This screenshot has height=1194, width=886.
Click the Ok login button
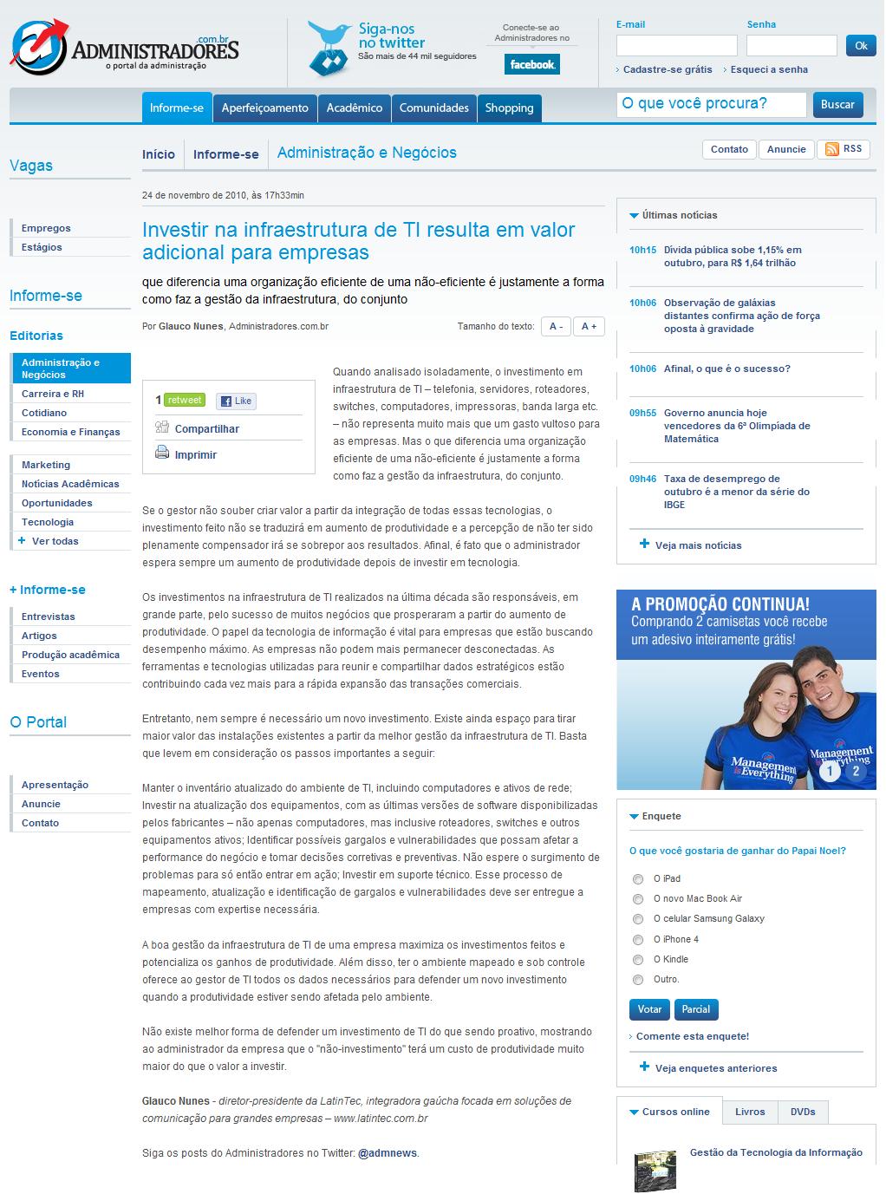pyautogui.click(x=860, y=46)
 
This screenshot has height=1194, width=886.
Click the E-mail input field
pyautogui.click(x=676, y=46)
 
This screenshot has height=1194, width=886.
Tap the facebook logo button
pyautogui.click(x=531, y=64)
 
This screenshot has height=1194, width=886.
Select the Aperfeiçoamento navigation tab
pyautogui.click(x=264, y=108)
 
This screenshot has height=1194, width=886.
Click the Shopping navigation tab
pyautogui.click(x=509, y=108)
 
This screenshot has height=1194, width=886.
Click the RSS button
pyautogui.click(x=844, y=149)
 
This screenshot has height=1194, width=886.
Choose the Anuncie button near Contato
pyautogui.click(x=786, y=149)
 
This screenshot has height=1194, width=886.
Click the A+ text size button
pyautogui.click(x=589, y=326)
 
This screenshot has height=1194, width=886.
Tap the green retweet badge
pyautogui.click(x=184, y=400)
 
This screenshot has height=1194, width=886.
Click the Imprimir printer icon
pyautogui.click(x=162, y=452)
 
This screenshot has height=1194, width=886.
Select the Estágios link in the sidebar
pyautogui.click(x=42, y=247)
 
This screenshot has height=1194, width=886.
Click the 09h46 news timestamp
pyautogui.click(x=642, y=479)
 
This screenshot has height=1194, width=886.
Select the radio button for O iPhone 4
pyautogui.click(x=638, y=940)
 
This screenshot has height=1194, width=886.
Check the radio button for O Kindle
pyautogui.click(x=638, y=960)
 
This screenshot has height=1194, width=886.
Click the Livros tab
pyautogui.click(x=750, y=1112)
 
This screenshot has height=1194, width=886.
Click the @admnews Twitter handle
pyautogui.click(x=388, y=1153)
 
